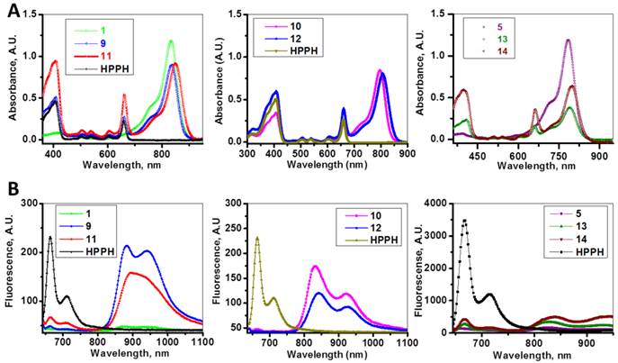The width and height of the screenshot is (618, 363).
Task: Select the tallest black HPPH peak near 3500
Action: [464, 220]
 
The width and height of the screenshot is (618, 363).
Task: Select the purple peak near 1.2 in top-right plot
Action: [568, 40]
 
